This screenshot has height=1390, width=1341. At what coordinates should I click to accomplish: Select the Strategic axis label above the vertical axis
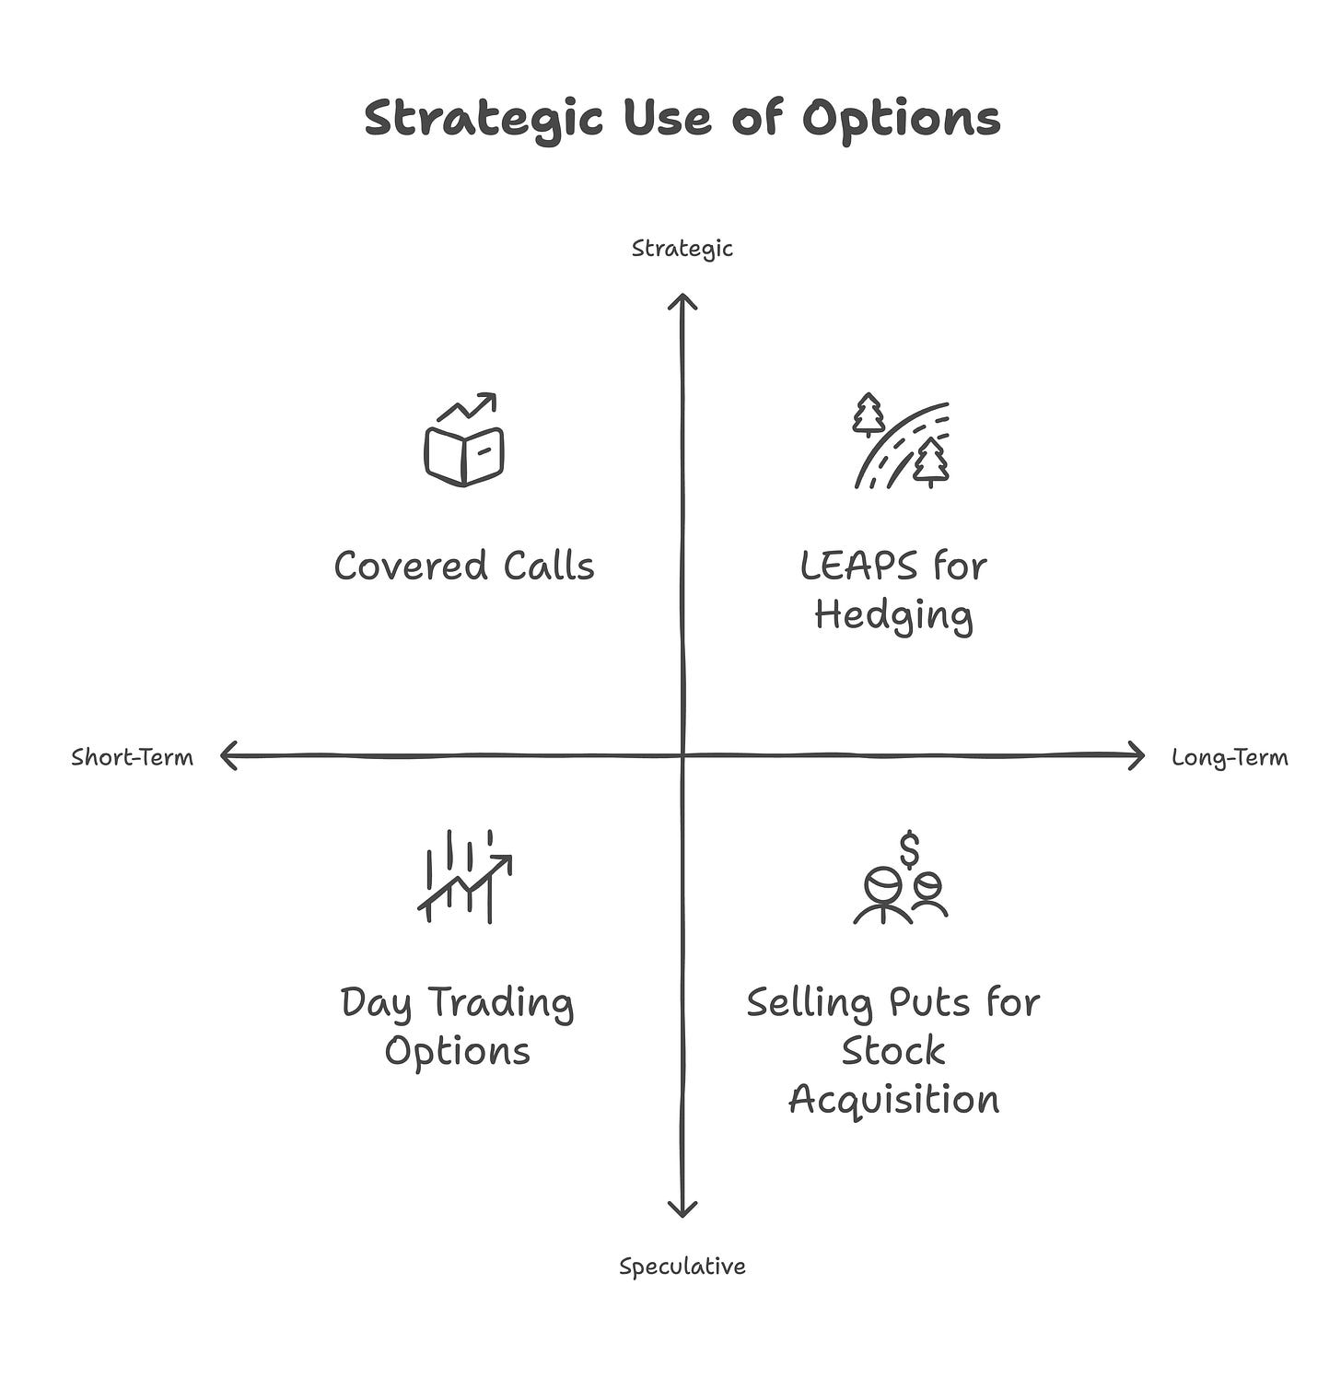(x=682, y=249)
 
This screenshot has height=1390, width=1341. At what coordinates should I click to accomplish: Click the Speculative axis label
(x=682, y=1267)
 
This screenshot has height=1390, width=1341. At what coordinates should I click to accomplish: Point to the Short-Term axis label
(x=132, y=757)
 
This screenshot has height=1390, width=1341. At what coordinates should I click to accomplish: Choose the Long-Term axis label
(x=1230, y=757)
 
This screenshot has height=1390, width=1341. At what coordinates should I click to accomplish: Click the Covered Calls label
(x=464, y=566)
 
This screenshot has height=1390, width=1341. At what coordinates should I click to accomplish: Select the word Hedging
(x=893, y=615)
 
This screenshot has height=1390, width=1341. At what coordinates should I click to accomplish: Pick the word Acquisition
(x=893, y=1100)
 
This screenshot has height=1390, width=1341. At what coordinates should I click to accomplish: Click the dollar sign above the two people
(x=910, y=849)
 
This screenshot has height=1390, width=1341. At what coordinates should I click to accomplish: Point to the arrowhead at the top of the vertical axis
(x=682, y=300)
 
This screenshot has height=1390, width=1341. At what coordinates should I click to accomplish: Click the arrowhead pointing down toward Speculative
(x=682, y=1209)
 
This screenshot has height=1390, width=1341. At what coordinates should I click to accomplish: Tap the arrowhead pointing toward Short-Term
(x=228, y=756)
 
